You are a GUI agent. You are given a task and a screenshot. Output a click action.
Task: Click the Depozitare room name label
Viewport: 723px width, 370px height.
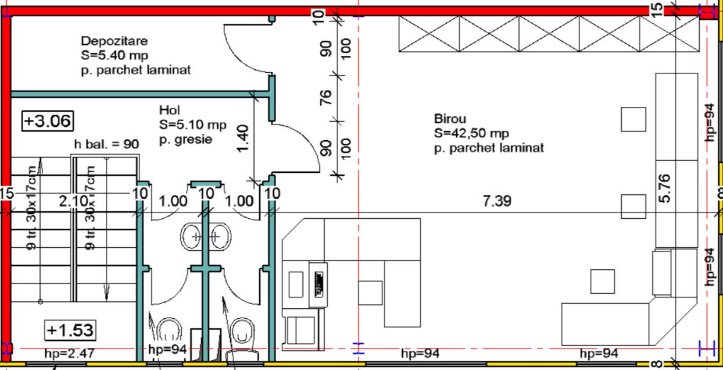[x=114, y=41]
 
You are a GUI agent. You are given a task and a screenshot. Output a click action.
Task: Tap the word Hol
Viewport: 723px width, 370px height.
[x=170, y=110]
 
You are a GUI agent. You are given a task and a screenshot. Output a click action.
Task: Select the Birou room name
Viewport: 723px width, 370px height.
[x=450, y=119]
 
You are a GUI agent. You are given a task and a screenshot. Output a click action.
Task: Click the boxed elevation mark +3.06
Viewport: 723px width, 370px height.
[x=48, y=121]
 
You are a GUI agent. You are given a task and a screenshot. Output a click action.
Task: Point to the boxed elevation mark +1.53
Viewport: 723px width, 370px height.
[x=70, y=330]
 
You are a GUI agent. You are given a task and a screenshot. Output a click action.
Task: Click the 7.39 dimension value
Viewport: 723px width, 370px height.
[x=497, y=201]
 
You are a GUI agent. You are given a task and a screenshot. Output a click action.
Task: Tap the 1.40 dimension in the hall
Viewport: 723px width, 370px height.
[x=243, y=138]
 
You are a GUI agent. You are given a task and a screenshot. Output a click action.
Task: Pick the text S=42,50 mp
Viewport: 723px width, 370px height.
[x=471, y=133]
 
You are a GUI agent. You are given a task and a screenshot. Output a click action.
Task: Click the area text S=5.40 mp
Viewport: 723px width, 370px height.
[x=114, y=55]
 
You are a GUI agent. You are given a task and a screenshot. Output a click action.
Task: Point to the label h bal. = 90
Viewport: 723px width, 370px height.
[x=106, y=144]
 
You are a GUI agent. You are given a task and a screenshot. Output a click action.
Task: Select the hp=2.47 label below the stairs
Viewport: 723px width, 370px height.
[x=69, y=353]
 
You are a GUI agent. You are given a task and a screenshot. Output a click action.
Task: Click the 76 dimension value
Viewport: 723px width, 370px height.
[x=325, y=98]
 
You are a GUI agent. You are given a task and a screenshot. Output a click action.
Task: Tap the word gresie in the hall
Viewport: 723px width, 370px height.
[x=194, y=140]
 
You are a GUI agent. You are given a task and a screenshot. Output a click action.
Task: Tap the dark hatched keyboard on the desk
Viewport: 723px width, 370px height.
[x=319, y=284]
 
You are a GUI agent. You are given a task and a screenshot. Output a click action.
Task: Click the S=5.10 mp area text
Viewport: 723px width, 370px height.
[x=193, y=124]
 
